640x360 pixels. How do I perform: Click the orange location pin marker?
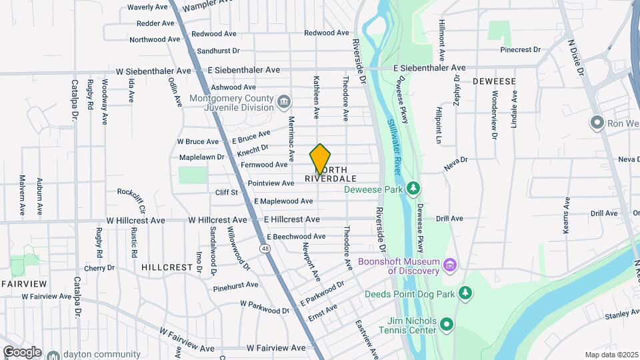[x=321, y=159]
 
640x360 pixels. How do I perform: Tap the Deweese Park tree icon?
[x=414, y=188]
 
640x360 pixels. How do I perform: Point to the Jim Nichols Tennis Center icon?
[x=447, y=325]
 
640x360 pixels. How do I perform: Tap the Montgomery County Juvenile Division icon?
[x=285, y=102]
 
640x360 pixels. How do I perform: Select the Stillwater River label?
[x=393, y=147]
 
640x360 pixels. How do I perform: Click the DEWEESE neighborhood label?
[x=494, y=81]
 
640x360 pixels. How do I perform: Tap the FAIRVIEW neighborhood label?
[x=24, y=284]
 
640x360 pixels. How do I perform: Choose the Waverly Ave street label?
[x=147, y=7]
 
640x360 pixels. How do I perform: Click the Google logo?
[x=21, y=351]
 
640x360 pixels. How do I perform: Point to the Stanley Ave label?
[x=621, y=315]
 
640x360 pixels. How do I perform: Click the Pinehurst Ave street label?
[x=235, y=285]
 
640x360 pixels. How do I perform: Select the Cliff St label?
[x=225, y=192]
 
